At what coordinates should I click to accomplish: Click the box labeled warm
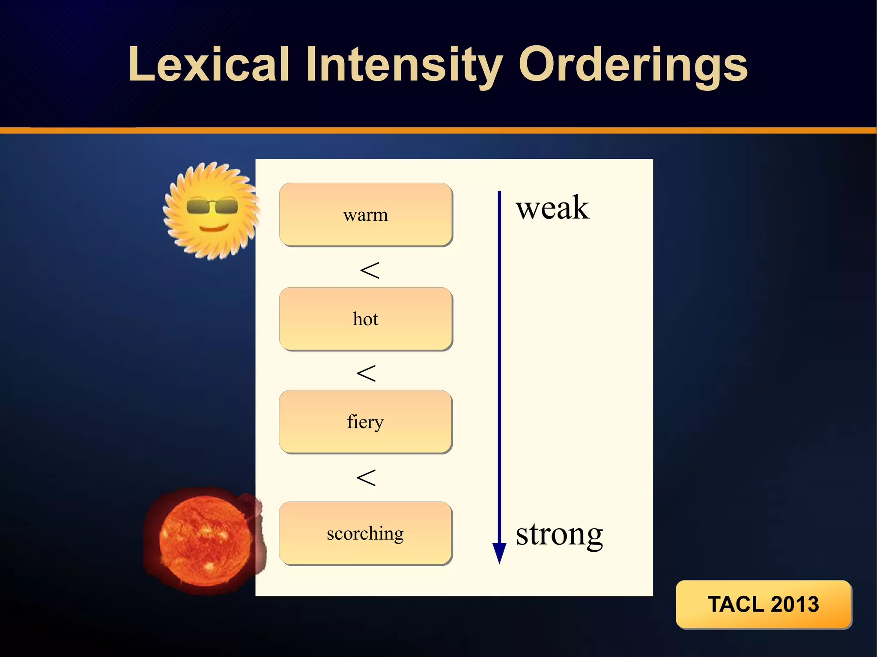coord(366,215)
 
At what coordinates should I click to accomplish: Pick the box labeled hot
coord(366,319)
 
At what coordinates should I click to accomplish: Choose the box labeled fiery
coord(365,422)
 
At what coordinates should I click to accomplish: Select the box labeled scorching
coord(365,533)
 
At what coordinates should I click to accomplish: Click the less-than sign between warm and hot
coord(370,270)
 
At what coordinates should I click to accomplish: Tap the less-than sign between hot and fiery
coord(366,373)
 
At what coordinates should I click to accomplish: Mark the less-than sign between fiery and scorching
coord(366,478)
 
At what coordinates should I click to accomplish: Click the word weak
coord(552,208)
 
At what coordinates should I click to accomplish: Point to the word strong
coord(559,534)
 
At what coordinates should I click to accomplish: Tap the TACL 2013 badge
coord(764,604)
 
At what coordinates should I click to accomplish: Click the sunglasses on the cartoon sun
coord(212,207)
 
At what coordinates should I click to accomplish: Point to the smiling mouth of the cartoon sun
coord(214,227)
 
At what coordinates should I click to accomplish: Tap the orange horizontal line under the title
coord(438,131)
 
